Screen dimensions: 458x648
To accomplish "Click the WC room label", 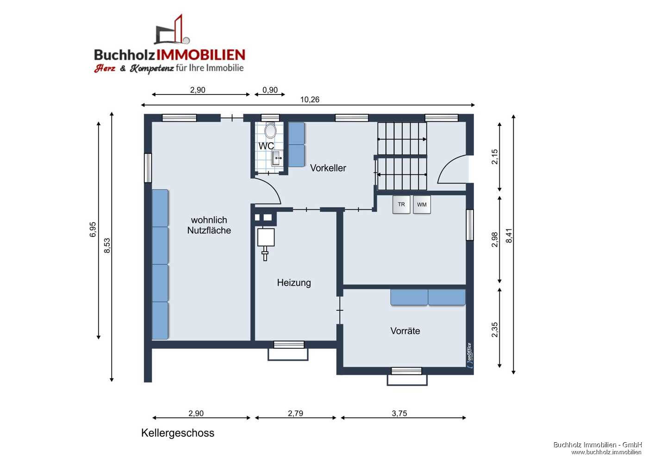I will [x=266, y=146].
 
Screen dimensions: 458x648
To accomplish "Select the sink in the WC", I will [x=277, y=157].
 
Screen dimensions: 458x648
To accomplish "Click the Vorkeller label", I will [x=328, y=168].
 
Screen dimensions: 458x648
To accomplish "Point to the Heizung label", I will [x=294, y=282].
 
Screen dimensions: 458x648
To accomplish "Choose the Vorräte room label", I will [x=405, y=331].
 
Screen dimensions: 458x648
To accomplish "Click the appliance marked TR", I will [x=401, y=205].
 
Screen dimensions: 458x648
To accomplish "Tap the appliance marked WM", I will [x=422, y=205].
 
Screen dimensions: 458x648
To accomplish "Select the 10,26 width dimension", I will [x=310, y=100].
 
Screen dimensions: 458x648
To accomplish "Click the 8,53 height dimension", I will [x=107, y=245].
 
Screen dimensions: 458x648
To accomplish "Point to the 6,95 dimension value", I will [x=93, y=230].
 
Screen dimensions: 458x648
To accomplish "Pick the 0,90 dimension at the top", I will [x=270, y=90].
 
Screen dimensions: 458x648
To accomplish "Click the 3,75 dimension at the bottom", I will [x=399, y=413].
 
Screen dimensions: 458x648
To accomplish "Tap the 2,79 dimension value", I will [x=295, y=413].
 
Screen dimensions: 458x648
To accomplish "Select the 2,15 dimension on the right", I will [x=495, y=157].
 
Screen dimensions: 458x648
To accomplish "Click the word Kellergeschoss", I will [x=178, y=433].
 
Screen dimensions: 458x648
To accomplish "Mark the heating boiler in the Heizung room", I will [x=266, y=238].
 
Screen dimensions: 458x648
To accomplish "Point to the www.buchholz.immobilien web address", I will [x=606, y=452].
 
